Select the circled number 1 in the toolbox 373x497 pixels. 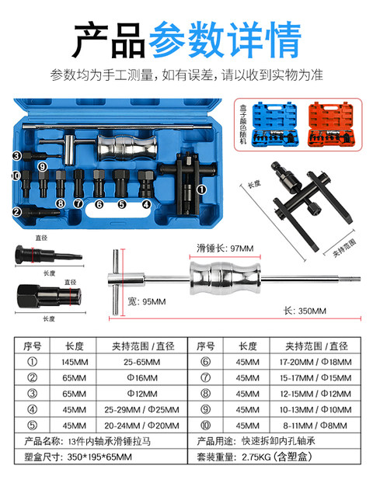click(x=200, y=189)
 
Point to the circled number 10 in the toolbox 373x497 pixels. click(x=16, y=177)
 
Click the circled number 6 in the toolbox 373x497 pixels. click(x=99, y=204)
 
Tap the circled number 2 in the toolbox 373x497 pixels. click(x=16, y=211)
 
